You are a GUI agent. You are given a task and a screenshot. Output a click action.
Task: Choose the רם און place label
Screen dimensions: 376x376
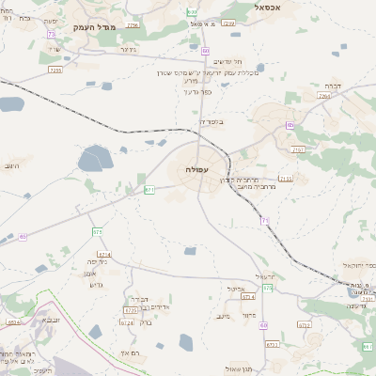click(131, 352)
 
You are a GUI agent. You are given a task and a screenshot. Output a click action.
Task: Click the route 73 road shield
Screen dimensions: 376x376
click(50, 34)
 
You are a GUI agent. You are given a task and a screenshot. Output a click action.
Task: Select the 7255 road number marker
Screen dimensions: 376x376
click(55, 70)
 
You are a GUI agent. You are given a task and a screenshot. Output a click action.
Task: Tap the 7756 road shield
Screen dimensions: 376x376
click(132, 25)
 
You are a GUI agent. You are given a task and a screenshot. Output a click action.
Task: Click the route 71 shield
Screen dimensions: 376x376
click(265, 221)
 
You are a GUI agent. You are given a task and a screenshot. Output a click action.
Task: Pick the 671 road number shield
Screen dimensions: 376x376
click(149, 190)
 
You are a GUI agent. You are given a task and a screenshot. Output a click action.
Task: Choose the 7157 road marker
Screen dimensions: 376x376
click(299, 149)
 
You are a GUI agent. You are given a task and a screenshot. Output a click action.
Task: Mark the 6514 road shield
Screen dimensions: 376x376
click(13, 322)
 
